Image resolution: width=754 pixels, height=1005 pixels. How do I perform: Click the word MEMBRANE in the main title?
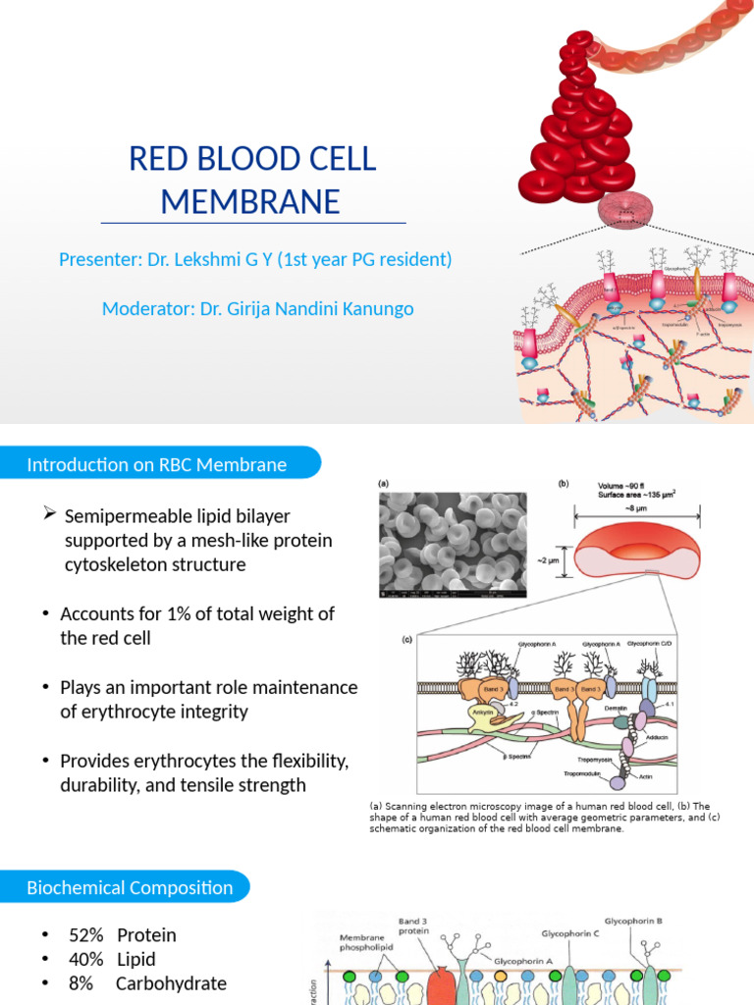coord(250,201)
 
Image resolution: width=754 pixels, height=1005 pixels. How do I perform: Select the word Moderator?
coord(146,309)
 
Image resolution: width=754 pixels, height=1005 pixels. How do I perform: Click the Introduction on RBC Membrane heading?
coord(157,464)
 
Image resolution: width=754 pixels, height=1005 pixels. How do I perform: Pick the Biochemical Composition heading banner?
coord(130,888)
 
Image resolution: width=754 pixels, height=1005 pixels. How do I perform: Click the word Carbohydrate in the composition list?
coord(171,983)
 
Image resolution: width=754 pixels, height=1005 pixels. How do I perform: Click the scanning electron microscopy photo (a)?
coord(453,544)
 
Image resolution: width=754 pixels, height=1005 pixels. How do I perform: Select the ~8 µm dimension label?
coord(636,509)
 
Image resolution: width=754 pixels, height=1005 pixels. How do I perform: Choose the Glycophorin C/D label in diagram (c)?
coord(650,644)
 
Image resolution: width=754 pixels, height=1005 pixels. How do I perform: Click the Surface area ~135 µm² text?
coord(642,495)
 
